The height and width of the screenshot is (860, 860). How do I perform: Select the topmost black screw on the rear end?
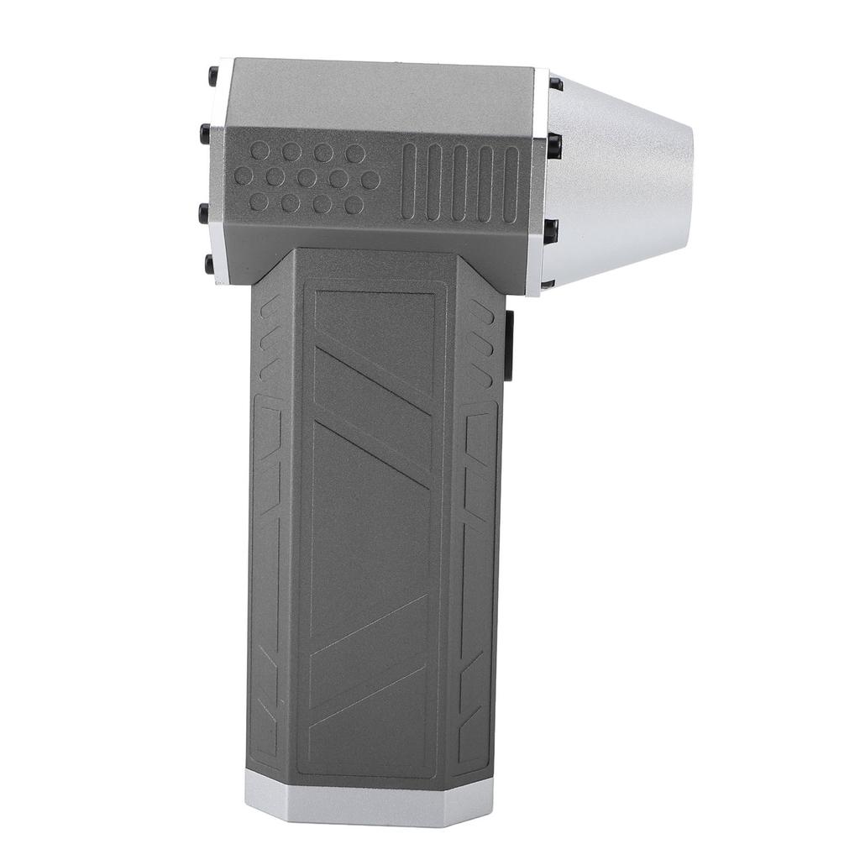(213, 76)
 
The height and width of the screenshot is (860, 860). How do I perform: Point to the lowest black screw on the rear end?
(209, 264)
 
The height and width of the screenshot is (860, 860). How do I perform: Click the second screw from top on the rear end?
(205, 133)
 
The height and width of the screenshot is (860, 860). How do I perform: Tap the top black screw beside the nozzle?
(555, 83)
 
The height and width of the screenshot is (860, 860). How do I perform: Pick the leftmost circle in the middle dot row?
(243, 176)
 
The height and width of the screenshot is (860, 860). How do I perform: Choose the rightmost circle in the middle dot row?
(370, 179)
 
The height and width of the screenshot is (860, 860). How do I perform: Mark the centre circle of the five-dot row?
(307, 178)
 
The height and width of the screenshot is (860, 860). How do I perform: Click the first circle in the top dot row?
(260, 151)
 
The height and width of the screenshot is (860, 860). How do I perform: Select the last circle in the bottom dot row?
(354, 204)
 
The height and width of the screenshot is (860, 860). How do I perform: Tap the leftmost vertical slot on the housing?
(408, 181)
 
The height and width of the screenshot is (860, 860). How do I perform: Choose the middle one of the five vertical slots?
(459, 182)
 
